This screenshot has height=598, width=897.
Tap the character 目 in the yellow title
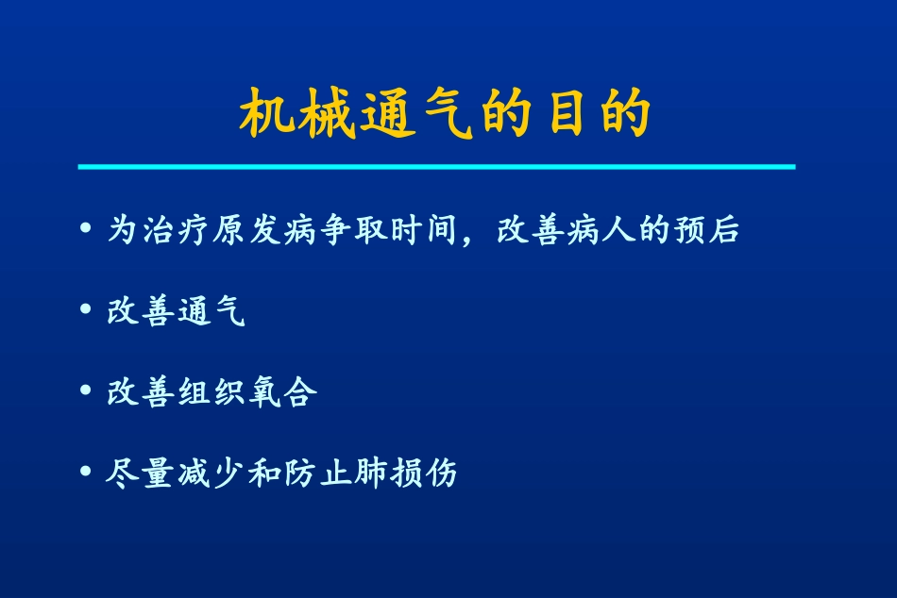567,116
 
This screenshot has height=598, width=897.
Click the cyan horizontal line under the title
436,167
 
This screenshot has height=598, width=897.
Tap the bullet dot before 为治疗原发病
87,230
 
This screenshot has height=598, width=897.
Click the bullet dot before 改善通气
87,311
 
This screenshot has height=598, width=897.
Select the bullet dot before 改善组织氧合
87,391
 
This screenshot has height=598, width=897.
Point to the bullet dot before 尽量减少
87,472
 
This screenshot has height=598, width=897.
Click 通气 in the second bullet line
211,311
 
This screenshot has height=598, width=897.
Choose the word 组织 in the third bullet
211,391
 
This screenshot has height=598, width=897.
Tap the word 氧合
281,391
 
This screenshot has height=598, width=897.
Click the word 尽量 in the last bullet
140,472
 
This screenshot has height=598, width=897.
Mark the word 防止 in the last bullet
316,472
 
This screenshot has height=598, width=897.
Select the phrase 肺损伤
405,472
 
